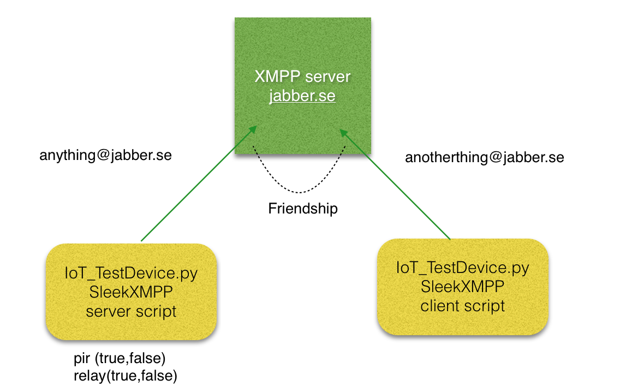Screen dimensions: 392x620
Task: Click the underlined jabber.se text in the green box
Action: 302,97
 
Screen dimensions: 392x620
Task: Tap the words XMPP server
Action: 302,76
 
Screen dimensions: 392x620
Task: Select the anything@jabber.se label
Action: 105,155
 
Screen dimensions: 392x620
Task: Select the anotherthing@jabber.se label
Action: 484,158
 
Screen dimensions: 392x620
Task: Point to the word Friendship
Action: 303,209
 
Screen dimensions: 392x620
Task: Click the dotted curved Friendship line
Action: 299,192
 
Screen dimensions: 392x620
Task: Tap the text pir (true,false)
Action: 119,359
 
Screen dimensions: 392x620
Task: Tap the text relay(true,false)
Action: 125,375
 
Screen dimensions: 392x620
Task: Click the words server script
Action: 132,311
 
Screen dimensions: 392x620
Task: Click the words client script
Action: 463,305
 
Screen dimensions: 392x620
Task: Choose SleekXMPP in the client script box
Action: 463,287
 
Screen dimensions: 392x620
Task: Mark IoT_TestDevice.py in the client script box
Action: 463,268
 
